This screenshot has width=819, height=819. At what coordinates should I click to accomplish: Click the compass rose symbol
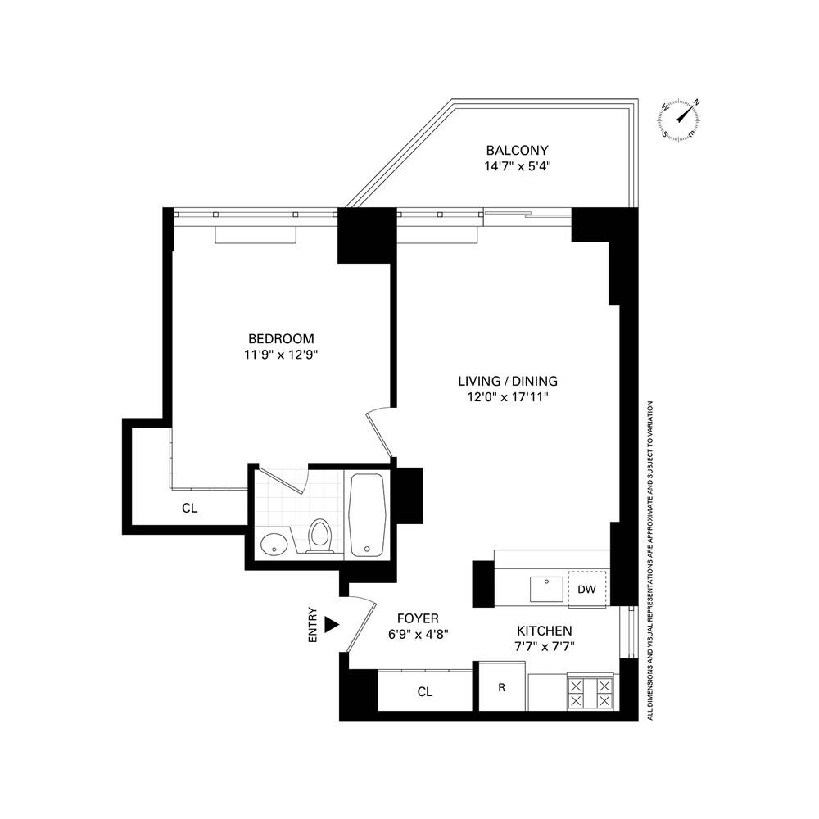click(x=681, y=120)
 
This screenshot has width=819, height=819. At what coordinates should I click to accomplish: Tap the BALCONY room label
click(x=517, y=151)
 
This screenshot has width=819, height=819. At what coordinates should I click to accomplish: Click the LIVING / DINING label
click(x=508, y=381)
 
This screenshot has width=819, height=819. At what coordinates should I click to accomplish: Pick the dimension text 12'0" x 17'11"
click(x=508, y=397)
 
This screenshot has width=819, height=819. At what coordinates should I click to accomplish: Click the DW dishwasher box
click(x=586, y=590)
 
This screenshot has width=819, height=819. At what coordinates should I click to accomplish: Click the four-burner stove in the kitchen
click(x=590, y=693)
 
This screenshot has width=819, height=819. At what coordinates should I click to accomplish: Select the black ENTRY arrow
click(x=331, y=624)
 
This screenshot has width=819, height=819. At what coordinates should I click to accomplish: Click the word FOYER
click(x=418, y=618)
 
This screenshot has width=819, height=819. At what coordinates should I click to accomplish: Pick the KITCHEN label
click(x=544, y=631)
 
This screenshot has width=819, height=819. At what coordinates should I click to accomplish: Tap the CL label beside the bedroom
click(x=190, y=508)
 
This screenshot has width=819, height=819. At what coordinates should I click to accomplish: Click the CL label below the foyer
click(x=424, y=692)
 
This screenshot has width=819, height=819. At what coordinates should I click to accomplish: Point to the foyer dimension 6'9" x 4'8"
click(x=418, y=634)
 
